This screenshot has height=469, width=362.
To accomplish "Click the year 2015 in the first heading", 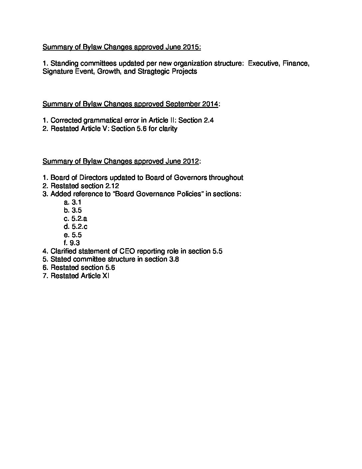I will pos(192,47).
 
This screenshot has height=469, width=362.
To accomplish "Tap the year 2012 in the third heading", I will pos(191,161).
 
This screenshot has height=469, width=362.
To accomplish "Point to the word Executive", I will pos(264,63).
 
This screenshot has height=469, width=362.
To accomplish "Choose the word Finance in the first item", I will pos(296,63).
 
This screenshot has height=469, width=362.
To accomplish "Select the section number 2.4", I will pos(208,120).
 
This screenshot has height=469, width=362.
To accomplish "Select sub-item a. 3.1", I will pos(73,202).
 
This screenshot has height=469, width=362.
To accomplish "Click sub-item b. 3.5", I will pos(73,210).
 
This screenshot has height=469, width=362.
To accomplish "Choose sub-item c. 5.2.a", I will pos(76,219).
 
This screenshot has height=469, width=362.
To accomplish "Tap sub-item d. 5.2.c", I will pos(76,227).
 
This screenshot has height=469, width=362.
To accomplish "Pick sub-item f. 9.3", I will pos(72,243).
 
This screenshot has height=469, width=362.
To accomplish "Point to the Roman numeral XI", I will pos(105,276).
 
